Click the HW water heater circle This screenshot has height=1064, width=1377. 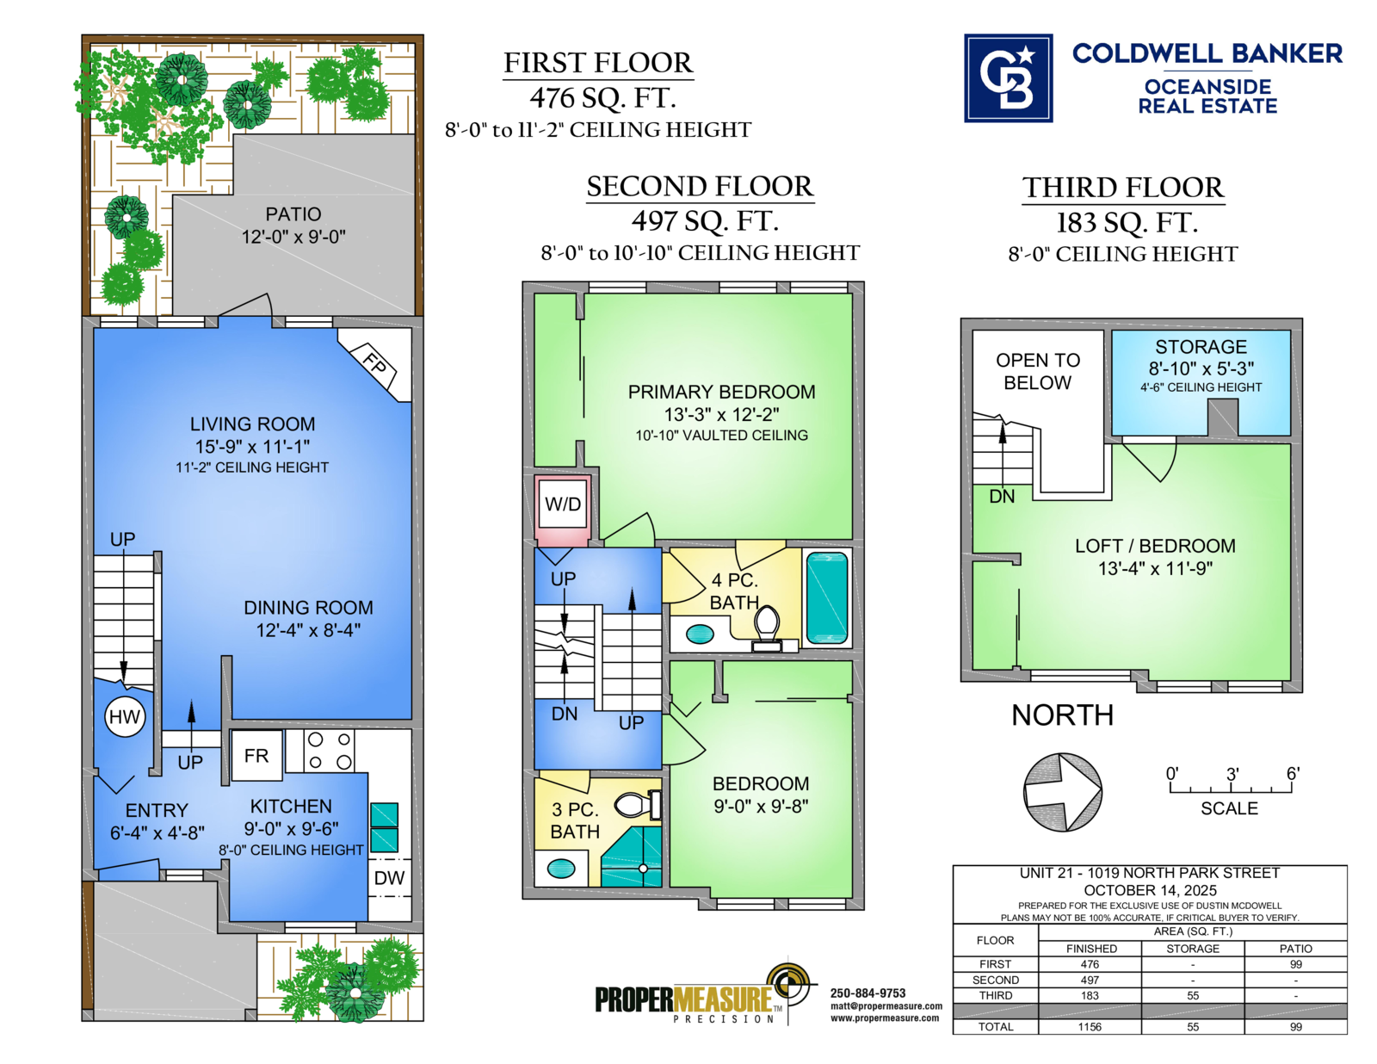124,717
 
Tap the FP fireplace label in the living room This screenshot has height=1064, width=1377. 374,365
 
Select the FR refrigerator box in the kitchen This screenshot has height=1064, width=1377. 256,755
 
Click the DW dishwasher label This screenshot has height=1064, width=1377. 389,878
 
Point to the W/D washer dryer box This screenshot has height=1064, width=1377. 563,504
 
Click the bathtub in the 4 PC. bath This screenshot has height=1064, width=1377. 827,598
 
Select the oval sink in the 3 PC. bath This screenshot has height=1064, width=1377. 561,869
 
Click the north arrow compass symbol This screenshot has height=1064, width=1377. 1063,792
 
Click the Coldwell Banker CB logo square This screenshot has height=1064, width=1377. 1008,78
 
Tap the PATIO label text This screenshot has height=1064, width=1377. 293,214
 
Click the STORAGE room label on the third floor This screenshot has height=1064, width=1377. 1201,347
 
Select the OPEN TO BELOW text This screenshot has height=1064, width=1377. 1038,371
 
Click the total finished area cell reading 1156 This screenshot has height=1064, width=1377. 1090,1027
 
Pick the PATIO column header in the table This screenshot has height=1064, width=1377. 1296,949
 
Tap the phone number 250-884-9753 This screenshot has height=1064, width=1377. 868,993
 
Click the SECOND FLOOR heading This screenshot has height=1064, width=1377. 700,186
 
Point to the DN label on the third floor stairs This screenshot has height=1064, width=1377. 1002,496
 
